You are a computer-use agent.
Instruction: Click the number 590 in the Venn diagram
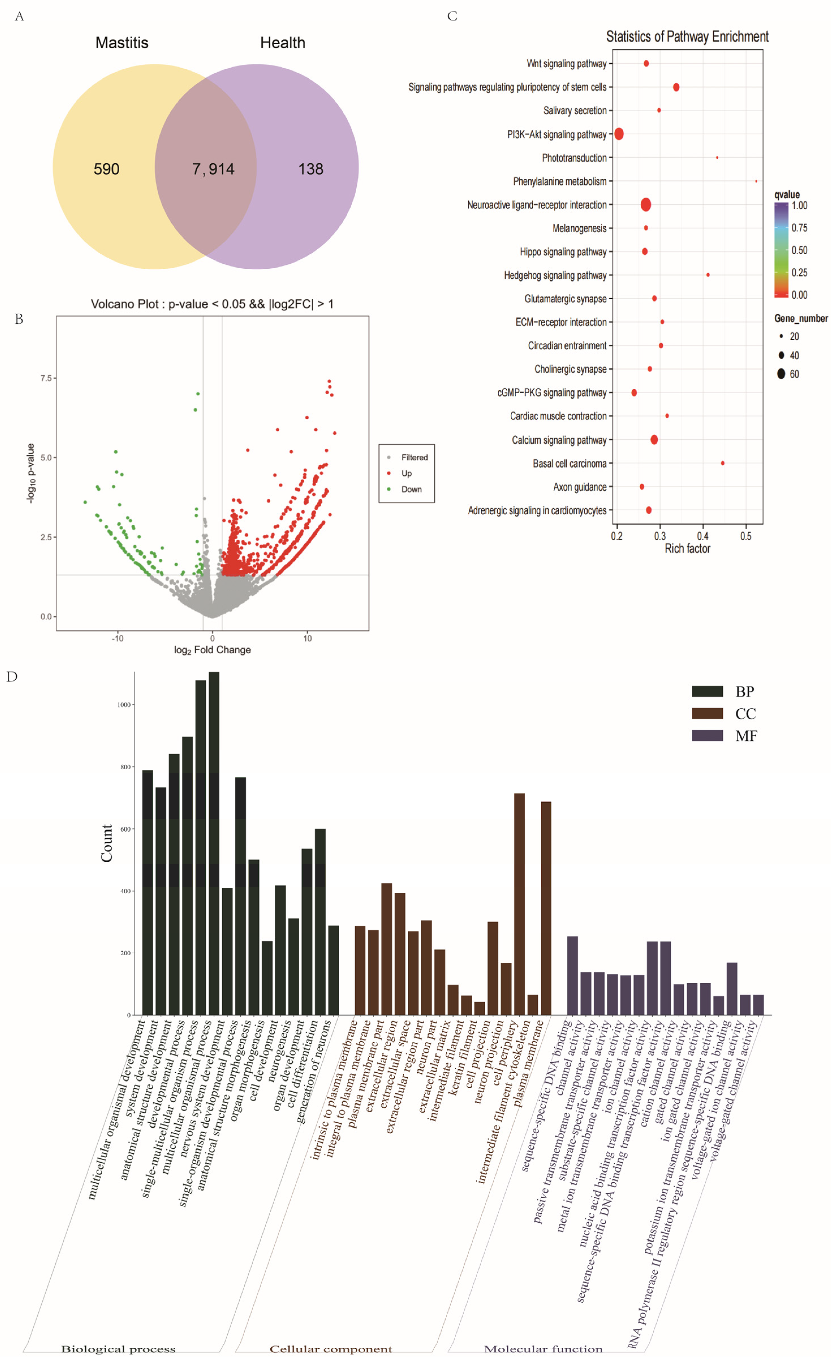pos(106,169)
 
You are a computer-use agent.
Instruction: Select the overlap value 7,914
pos(213,169)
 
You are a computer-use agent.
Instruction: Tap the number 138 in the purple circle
pos(310,169)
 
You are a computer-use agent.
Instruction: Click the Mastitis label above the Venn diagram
pos(122,43)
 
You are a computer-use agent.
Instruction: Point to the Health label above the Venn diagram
pos(282,43)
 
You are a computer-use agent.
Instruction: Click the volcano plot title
pos(212,304)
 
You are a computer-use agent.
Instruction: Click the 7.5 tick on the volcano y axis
pos(46,378)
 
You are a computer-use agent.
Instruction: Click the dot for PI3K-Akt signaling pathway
pos(619,134)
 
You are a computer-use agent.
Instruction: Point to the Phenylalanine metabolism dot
pos(756,181)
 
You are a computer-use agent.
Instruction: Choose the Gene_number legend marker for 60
pos(781,374)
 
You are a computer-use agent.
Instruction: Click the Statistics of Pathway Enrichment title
pos(687,36)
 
